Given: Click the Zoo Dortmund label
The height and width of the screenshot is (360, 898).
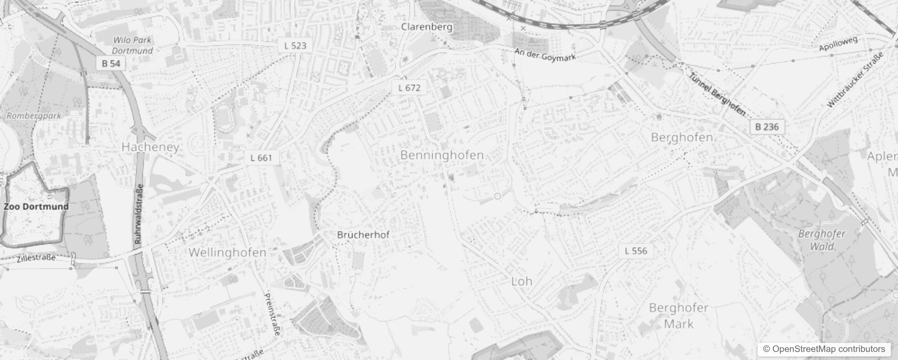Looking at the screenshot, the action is pyautogui.click(x=36, y=207).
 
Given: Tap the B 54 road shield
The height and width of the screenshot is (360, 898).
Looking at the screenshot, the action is pyautogui.click(x=111, y=63).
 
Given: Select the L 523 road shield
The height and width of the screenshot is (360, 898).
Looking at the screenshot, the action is pyautogui.click(x=295, y=45).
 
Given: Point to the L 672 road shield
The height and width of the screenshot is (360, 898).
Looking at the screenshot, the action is pyautogui.click(x=409, y=88).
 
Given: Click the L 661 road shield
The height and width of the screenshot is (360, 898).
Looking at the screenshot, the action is pyautogui.click(x=261, y=157).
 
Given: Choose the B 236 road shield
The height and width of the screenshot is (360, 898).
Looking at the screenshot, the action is pyautogui.click(x=767, y=127).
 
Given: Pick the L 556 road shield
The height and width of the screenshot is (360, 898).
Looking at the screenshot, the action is pyautogui.click(x=636, y=251).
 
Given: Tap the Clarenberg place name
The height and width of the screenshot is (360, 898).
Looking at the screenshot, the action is pyautogui.click(x=427, y=27).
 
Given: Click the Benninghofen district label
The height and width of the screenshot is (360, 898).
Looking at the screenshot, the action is pyautogui.click(x=442, y=155).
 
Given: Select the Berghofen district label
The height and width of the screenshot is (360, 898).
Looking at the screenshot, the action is pyautogui.click(x=682, y=137).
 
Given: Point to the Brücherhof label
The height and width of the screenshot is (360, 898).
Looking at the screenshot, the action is pyautogui.click(x=363, y=235).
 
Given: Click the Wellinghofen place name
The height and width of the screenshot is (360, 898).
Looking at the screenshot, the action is pyautogui.click(x=227, y=252).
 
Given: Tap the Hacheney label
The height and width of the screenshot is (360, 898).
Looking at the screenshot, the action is pyautogui.click(x=150, y=147).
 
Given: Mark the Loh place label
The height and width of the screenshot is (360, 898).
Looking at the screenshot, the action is pyautogui.click(x=521, y=281).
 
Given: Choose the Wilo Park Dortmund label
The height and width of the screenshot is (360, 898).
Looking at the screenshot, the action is pyautogui.click(x=132, y=45).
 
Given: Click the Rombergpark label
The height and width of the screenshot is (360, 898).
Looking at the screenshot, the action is pyautogui.click(x=34, y=116).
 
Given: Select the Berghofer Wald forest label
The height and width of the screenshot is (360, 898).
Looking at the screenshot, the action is pyautogui.click(x=822, y=240).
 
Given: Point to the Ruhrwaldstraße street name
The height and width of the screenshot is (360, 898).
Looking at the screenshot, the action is pyautogui.click(x=139, y=214).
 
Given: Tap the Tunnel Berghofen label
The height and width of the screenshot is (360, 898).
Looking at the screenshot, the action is pyautogui.click(x=717, y=94).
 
